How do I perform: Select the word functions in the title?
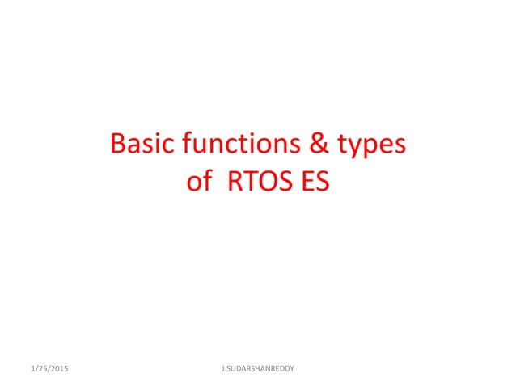[x=239, y=145]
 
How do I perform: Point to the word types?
[x=374, y=148]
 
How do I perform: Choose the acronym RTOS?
[x=258, y=182]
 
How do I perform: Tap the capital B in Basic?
[x=118, y=145]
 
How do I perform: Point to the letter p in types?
[x=374, y=149]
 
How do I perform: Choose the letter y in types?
[x=360, y=149]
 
